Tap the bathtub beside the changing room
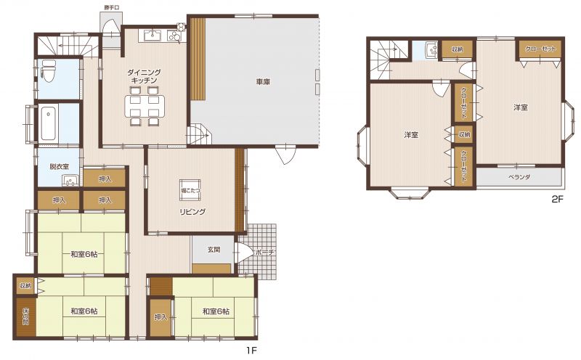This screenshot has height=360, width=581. pyautogui.click(x=49, y=123)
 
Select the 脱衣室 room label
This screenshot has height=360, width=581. pyautogui.click(x=60, y=167)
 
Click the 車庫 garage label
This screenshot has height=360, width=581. pyautogui.click(x=263, y=81)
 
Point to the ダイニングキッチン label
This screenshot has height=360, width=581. pyautogui.click(x=144, y=76)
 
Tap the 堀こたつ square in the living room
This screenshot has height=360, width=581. pyautogui.click(x=190, y=189)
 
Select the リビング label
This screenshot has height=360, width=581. pyautogui.click(x=192, y=212)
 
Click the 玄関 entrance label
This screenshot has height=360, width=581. pyautogui.click(x=214, y=250)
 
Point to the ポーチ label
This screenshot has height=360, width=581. pyautogui.click(x=264, y=253)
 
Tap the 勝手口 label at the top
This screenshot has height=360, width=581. pyautogui.click(x=111, y=7)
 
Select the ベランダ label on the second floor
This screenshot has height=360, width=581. pyautogui.click(x=519, y=177)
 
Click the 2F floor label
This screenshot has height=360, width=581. pyautogui.click(x=557, y=200)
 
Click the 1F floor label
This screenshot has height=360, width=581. pyautogui.click(x=251, y=351)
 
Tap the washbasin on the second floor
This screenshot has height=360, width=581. pyautogui.click(x=431, y=50)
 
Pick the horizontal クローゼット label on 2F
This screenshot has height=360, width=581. pyautogui.click(x=540, y=49)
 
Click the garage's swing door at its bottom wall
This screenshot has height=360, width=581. pyautogui.click(x=285, y=155)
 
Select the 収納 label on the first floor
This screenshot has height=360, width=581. pyautogui.click(x=25, y=286)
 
